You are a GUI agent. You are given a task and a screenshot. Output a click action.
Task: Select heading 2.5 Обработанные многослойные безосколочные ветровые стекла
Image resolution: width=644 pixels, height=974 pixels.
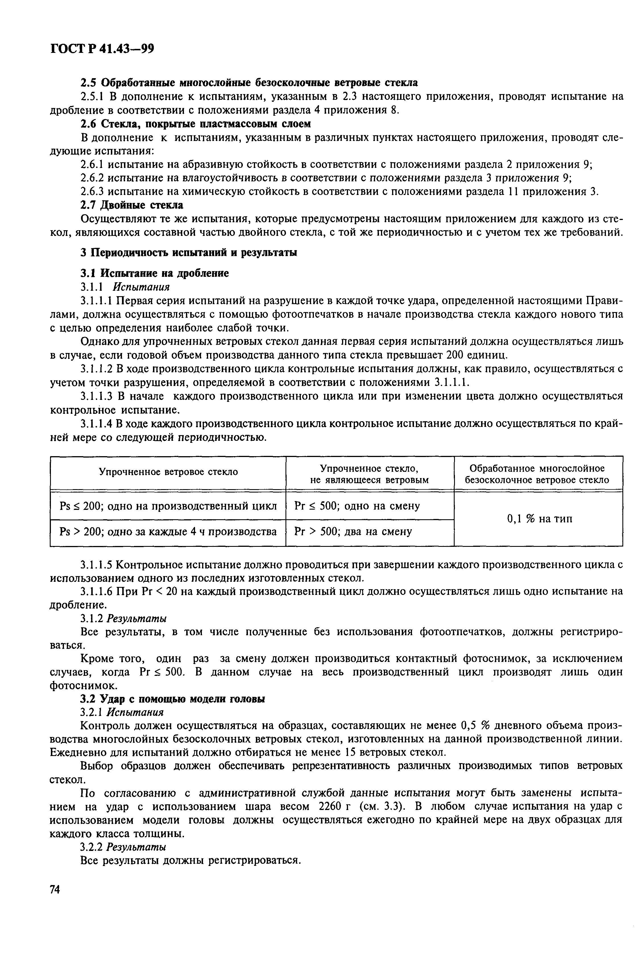pyautogui.click(x=249, y=82)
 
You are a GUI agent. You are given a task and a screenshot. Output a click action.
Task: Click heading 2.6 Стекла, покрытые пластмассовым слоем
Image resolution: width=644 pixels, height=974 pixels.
pyautogui.click(x=195, y=124)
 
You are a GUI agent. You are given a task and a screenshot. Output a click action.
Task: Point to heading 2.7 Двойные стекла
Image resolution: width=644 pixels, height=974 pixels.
pyautogui.click(x=131, y=205)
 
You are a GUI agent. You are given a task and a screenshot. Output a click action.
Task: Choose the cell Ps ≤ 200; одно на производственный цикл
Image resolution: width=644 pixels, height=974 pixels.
pyautogui.click(x=168, y=506)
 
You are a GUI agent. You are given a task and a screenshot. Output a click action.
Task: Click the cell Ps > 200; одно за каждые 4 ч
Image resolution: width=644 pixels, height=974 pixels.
pyautogui.click(x=168, y=532)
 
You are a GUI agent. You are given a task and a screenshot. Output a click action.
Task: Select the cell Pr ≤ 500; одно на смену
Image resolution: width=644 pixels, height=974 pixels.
pyautogui.click(x=357, y=506)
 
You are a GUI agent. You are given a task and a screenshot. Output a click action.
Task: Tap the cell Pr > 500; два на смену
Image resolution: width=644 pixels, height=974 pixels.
pyautogui.click(x=353, y=532)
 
